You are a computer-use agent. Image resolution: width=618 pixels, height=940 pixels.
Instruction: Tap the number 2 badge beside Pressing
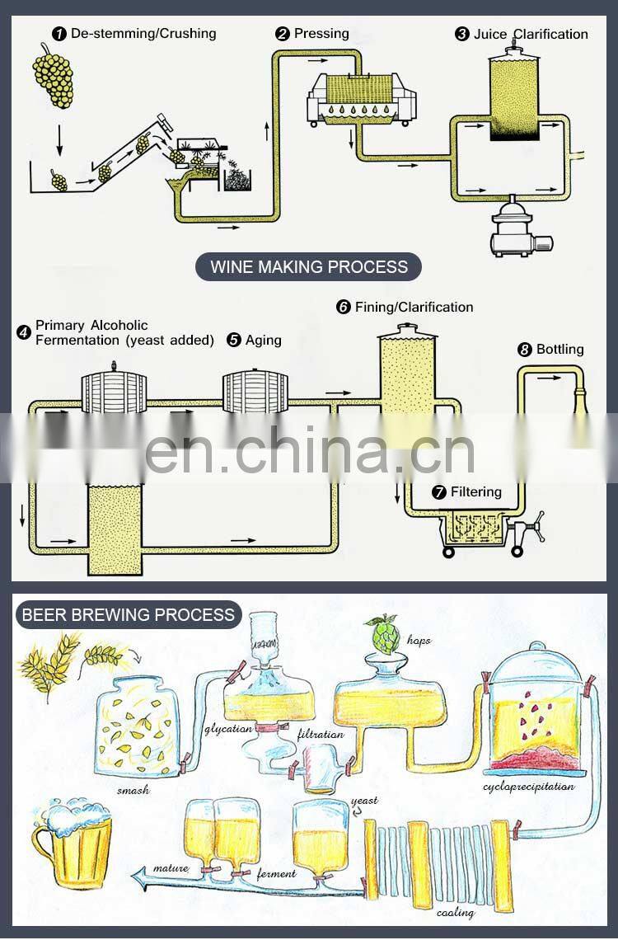(x=282, y=34)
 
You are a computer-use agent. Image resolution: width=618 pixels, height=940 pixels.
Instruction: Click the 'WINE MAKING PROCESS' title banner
(x=308, y=266)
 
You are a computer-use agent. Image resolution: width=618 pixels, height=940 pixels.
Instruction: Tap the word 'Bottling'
(x=559, y=350)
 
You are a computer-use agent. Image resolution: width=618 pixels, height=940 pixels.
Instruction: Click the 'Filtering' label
(x=475, y=492)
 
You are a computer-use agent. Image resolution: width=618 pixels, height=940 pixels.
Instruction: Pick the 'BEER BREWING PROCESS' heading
(x=128, y=614)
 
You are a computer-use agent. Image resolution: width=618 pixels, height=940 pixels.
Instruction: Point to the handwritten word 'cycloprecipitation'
(x=529, y=786)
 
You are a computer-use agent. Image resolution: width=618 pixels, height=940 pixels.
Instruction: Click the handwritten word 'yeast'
(x=363, y=800)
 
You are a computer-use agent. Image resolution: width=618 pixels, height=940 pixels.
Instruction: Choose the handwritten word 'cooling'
(x=455, y=913)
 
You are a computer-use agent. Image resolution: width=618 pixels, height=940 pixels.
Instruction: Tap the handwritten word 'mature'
(x=171, y=868)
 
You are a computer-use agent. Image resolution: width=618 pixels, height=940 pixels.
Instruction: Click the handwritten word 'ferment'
(x=271, y=873)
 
